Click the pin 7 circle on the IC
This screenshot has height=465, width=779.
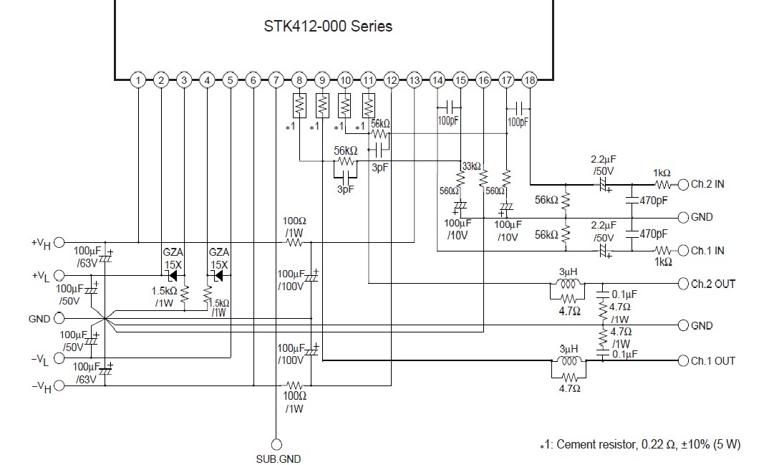tap(276, 80)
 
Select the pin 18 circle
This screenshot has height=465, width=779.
tap(530, 80)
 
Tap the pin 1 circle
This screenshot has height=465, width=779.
tap(138, 80)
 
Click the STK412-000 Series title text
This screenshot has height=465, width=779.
tap(328, 27)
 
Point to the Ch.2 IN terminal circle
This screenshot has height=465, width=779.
tap(684, 185)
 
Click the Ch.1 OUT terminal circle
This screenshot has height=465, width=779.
tap(684, 361)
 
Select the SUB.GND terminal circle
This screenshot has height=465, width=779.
tap(276, 444)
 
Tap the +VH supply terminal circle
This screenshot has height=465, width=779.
tap(59, 243)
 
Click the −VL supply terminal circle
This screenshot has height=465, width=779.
tap(59, 358)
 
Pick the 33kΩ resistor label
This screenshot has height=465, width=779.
tap(471, 166)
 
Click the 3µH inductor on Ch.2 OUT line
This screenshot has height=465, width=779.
tap(568, 284)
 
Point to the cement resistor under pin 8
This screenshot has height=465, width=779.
tap(299, 105)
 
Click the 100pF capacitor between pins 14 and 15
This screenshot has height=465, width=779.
tap(449, 107)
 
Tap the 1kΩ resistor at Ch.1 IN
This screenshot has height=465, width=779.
tap(663, 250)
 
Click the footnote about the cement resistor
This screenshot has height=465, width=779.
tap(640, 445)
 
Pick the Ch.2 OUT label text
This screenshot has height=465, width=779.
tap(713, 284)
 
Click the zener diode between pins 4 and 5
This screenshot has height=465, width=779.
tap(218, 276)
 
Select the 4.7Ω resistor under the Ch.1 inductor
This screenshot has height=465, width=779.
tap(568, 377)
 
